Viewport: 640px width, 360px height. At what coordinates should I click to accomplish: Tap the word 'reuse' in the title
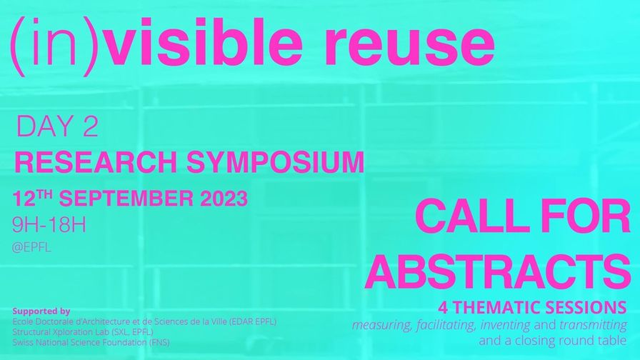pyautogui.click(x=409, y=46)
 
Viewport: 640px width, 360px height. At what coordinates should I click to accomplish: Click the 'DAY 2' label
pyautogui.click(x=56, y=126)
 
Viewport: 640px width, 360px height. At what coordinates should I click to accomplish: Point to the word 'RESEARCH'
pyautogui.click(x=96, y=162)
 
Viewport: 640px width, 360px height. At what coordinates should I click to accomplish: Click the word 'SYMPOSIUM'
pyautogui.click(x=275, y=162)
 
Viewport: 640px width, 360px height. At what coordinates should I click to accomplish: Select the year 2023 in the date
pyautogui.click(x=224, y=199)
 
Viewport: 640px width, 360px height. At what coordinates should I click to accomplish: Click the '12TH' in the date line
pyautogui.click(x=32, y=199)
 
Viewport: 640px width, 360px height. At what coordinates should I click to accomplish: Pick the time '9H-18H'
pyautogui.click(x=49, y=225)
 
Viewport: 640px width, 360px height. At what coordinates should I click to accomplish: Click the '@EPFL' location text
pyautogui.click(x=31, y=248)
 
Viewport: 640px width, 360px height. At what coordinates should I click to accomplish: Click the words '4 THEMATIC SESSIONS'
pyautogui.click(x=532, y=307)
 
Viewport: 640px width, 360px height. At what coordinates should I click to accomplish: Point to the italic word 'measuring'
pyautogui.click(x=381, y=325)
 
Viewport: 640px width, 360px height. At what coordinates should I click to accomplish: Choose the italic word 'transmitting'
pyautogui.click(x=593, y=325)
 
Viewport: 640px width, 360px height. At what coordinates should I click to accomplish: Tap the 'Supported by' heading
pyautogui.click(x=41, y=311)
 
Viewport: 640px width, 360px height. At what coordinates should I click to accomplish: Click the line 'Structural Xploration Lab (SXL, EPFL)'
pyautogui.click(x=83, y=332)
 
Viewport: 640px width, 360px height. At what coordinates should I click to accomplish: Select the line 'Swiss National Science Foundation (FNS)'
pyautogui.click(x=91, y=342)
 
